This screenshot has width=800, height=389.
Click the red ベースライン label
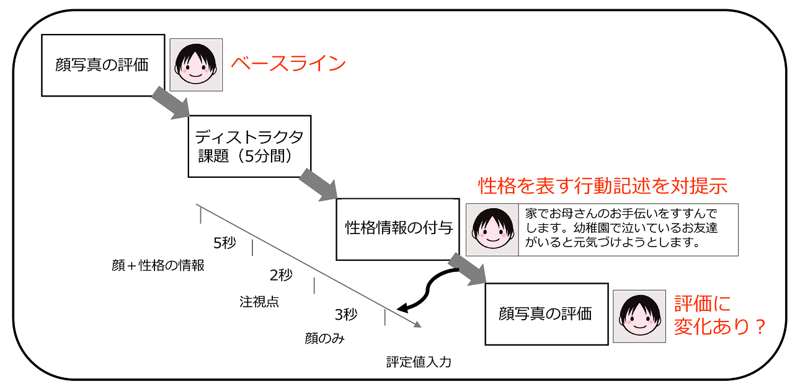pos(288,64)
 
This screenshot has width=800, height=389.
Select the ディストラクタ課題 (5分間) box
pos(249,146)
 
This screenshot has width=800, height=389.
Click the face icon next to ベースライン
pos(196,65)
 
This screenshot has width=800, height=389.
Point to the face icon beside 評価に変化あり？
pos(639,317)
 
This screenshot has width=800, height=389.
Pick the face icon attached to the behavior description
pos(492,230)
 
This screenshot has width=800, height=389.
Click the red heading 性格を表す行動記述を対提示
pos(602,186)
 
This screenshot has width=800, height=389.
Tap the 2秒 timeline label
pos(281,275)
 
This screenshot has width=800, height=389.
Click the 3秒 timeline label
pos(346,315)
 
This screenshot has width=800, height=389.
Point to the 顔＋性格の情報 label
pos(158,266)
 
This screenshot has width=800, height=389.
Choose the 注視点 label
pos(259,302)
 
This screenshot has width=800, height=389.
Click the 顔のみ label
pos(324,339)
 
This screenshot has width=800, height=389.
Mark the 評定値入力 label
pos(419,362)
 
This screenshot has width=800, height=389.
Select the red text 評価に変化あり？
pos(719,315)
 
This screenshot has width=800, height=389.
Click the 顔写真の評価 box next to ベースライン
pos(102,65)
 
